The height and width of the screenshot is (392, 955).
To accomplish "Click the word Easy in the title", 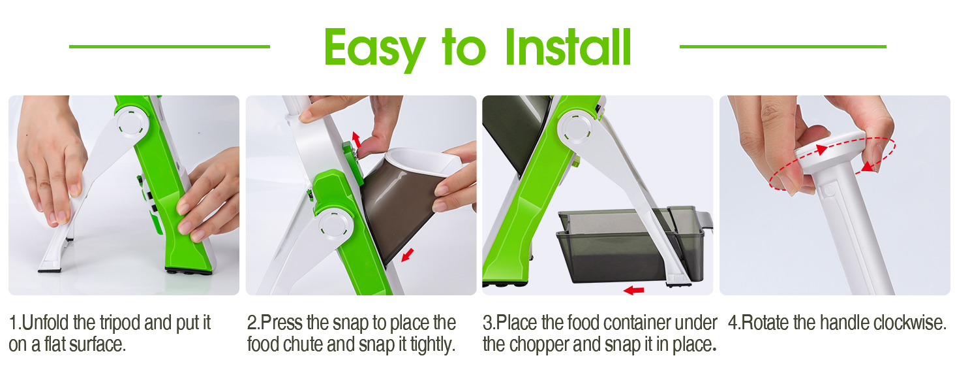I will point(374,48).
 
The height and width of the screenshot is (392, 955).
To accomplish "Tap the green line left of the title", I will point(169,46).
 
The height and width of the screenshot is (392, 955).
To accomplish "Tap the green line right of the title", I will point(783,46).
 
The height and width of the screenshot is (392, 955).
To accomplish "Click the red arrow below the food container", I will point(633,289).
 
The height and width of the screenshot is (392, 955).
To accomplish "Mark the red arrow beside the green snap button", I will point(356,139).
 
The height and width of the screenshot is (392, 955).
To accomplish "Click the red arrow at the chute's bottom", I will point(407,254).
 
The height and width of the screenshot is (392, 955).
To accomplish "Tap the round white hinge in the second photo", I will point(331,225).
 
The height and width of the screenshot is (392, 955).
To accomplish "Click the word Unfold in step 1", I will point(42,323).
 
